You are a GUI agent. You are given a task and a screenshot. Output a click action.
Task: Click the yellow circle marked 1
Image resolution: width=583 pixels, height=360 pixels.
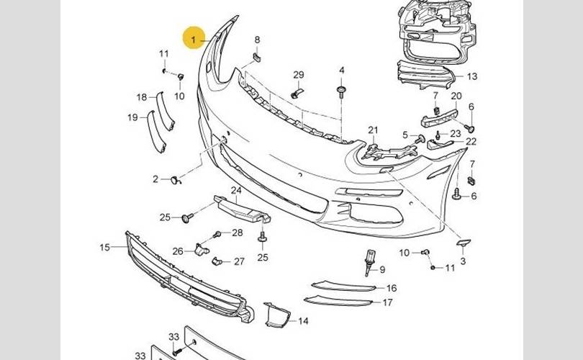(x=194, y=38)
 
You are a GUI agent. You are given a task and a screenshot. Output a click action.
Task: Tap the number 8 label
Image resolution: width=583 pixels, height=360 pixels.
(x=258, y=39)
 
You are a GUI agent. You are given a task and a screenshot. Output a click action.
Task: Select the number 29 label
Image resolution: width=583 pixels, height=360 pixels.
(x=299, y=75)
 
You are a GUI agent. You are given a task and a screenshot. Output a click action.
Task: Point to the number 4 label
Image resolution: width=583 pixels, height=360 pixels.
(x=342, y=70)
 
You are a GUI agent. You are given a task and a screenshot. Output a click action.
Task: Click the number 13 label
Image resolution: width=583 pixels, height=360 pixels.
(x=472, y=76)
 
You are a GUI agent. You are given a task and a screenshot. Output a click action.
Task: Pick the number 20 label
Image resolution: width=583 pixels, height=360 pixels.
(x=456, y=96)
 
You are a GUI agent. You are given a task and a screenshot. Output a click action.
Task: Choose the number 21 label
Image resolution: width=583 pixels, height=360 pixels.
(x=373, y=130)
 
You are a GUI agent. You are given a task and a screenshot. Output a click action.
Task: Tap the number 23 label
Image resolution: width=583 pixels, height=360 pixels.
(x=456, y=133)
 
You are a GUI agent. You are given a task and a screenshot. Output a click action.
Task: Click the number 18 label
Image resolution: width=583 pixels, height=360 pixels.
(x=142, y=97)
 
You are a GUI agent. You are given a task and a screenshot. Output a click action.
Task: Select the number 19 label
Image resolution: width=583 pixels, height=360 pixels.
(x=132, y=117)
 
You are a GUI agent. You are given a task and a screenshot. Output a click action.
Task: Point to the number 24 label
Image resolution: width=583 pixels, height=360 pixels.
(x=236, y=190)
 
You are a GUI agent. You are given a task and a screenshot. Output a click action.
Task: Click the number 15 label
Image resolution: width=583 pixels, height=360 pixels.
(x=105, y=248)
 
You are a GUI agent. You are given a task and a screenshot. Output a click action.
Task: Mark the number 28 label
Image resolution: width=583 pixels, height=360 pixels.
(x=238, y=233)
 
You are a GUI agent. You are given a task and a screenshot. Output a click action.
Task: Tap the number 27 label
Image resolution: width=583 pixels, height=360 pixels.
(x=240, y=261)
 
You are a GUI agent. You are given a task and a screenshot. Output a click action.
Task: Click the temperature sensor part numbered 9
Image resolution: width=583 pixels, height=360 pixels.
(x=369, y=261)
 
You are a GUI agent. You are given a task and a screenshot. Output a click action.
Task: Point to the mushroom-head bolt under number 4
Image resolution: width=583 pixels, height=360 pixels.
(x=342, y=91)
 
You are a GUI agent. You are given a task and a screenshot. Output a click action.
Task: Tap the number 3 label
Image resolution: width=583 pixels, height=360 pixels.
(x=464, y=261)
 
